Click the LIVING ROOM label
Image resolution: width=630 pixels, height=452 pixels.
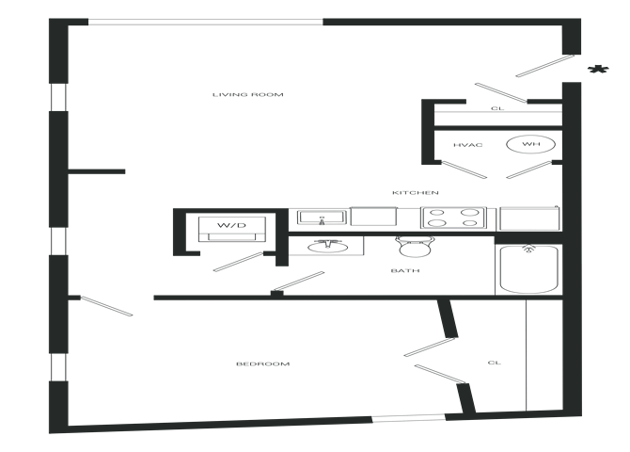point(248,94)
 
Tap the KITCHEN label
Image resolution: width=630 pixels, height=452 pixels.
point(415,193)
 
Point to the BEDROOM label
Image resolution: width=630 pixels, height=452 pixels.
point(262,363)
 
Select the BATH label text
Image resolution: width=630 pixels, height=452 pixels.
point(405,270)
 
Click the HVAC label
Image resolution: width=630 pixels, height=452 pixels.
point(467,145)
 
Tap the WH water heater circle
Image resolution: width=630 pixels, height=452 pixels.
point(530,144)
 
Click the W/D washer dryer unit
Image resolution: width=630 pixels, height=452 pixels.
point(232,229)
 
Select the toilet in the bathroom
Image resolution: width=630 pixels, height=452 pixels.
point(415,247)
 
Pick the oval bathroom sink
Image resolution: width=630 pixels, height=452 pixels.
point(328,246)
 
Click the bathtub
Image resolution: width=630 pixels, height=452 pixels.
point(528,269)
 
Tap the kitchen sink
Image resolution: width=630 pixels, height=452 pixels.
point(322,218)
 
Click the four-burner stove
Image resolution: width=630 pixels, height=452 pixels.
point(453,218)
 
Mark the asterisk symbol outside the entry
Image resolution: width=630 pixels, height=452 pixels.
point(598,70)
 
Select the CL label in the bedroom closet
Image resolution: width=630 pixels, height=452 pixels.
point(495,363)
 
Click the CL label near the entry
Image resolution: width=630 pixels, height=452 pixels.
point(497,108)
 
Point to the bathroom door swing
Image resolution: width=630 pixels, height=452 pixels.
point(298,281)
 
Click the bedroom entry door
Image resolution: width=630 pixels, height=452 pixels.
point(106,306)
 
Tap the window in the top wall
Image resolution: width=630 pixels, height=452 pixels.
point(205,22)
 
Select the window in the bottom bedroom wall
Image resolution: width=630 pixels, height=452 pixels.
point(408,419)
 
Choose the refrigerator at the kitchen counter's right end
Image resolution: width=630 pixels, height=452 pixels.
point(529,218)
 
